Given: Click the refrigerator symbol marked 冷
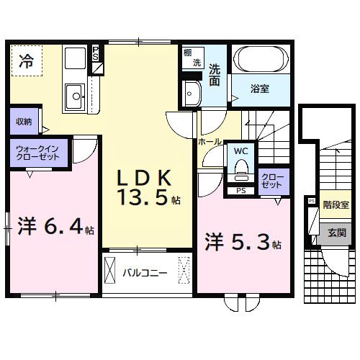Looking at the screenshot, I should tap(26, 60).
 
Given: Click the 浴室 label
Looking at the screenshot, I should tap(260, 90).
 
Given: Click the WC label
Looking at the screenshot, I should tap(240, 151).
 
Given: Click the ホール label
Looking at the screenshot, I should tap(210, 142).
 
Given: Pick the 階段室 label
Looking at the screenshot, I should tap(336, 205).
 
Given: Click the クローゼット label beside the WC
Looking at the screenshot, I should tap(273, 181).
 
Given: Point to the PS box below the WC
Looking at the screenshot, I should tap(240, 191).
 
